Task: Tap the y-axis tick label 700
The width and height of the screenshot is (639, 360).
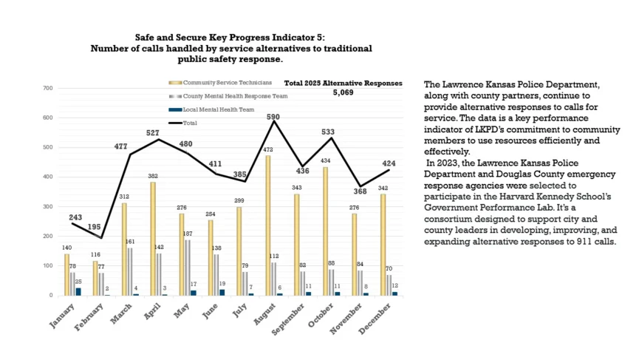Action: coord(48,88)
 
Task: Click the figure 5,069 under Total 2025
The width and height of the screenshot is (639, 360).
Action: coord(344,94)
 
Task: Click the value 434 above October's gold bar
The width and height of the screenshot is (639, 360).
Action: coord(326,160)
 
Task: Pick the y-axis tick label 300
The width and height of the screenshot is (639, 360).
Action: coord(48,206)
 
